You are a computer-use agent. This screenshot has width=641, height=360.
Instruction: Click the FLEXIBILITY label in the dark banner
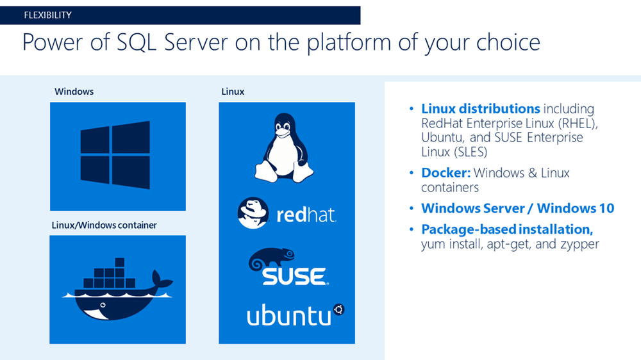tap(47, 15)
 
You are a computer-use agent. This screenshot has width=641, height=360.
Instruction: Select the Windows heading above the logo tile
tap(74, 92)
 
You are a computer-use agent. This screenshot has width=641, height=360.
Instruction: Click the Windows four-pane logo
tap(115, 156)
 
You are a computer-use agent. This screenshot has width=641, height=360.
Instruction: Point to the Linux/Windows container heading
tap(104, 225)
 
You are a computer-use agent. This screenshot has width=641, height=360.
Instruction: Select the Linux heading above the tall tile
tap(233, 92)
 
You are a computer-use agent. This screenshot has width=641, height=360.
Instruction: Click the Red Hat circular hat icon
tap(253, 213)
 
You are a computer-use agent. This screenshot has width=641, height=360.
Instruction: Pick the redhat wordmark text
tap(306, 215)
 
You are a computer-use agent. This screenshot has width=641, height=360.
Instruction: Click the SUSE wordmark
tap(294, 276)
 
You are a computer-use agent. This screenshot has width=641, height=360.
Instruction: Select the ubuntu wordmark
tap(288, 315)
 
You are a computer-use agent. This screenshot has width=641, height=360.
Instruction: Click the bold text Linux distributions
tap(480, 109)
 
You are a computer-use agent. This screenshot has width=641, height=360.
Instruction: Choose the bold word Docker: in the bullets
tap(445, 173)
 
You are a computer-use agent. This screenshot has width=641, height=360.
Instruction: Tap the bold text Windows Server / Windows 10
tap(517, 208)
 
